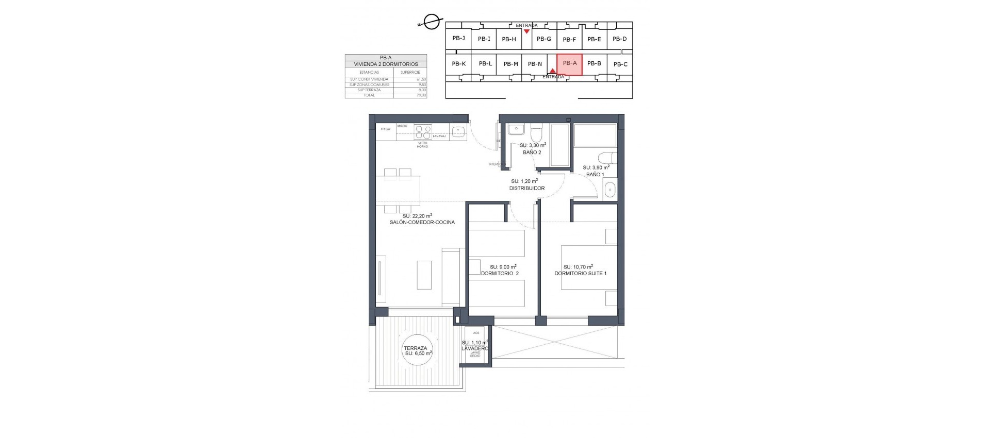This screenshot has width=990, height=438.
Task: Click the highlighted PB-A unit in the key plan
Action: pyautogui.click(x=569, y=64)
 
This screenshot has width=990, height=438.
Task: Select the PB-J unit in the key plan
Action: pyautogui.click(x=458, y=38)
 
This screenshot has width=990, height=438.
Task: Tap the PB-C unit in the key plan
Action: pyautogui.click(x=620, y=64)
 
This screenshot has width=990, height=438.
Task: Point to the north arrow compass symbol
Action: pyautogui.click(x=430, y=22)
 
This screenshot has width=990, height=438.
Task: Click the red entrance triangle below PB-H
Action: pyautogui.click(x=526, y=31)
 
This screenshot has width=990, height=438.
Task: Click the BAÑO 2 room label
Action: pyautogui.click(x=532, y=153)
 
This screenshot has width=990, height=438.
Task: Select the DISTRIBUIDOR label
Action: pyautogui.click(x=526, y=189)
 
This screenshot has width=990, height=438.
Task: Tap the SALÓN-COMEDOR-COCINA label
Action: pyautogui.click(x=422, y=223)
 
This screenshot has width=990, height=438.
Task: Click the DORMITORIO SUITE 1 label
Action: pyautogui.click(x=580, y=274)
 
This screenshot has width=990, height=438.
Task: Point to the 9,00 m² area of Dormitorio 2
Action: pyautogui.click(x=499, y=267)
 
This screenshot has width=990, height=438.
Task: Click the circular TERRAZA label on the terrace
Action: pyautogui.click(x=418, y=351)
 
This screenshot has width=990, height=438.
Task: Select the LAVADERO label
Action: pyautogui.click(x=474, y=349)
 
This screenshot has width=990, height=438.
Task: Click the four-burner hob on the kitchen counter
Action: pyautogui.click(x=423, y=129)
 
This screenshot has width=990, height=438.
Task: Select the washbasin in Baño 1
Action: pyautogui.click(x=609, y=191)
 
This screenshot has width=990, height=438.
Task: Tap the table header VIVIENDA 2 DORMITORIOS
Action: pyautogui.click(x=386, y=64)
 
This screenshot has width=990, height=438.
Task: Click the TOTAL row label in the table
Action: pyautogui.click(x=369, y=95)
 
